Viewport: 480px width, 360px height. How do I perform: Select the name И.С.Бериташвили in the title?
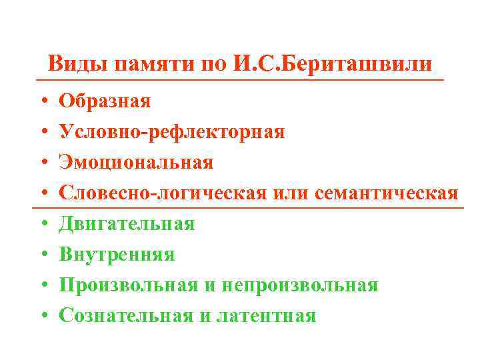[x=333, y=64]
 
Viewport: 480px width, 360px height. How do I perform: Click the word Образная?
[x=105, y=101]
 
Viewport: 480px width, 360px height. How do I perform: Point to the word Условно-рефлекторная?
[x=172, y=132]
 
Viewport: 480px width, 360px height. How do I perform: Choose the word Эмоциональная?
[x=136, y=163]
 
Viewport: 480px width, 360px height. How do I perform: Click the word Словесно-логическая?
[x=164, y=193]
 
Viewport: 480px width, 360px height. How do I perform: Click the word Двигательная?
[x=127, y=224]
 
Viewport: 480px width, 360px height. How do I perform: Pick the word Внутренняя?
[x=117, y=255]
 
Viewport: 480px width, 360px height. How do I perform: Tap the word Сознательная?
[x=127, y=316]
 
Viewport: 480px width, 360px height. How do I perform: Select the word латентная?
[x=266, y=316]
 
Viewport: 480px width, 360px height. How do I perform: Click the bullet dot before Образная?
[x=41, y=102]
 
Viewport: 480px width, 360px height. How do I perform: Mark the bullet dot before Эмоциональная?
[x=41, y=163]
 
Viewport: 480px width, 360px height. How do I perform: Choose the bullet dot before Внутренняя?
[x=41, y=255]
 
